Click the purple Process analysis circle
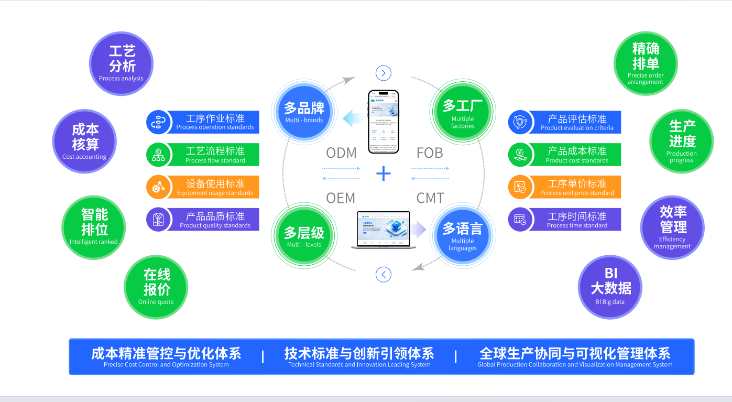(121, 64)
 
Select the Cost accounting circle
(84, 141)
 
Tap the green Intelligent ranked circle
(94, 227)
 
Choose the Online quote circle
(156, 287)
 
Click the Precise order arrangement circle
(646, 64)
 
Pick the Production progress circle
(681, 141)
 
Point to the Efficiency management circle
(672, 227)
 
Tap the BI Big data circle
(610, 287)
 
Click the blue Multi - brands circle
(304, 112)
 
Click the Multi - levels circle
(304, 236)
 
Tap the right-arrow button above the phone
(384, 73)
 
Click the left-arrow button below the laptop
(384, 274)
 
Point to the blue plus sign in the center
(384, 173)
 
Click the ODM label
(341, 153)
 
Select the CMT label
(430, 198)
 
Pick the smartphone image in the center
(383, 122)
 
